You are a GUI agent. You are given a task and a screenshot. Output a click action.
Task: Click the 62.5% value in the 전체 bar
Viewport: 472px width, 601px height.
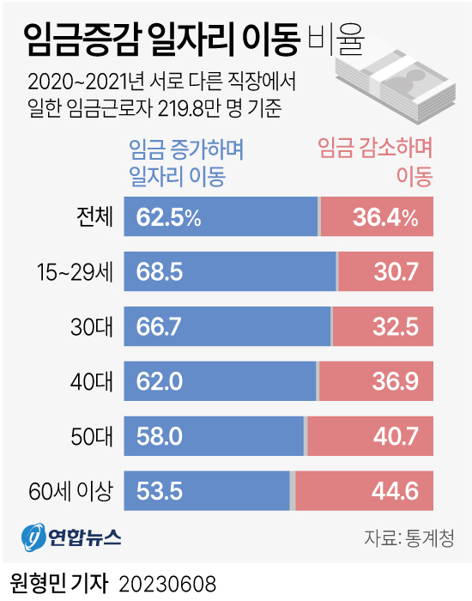pyautogui.click(x=168, y=218)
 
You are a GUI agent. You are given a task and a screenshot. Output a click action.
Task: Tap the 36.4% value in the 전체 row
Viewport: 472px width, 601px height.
pyautogui.click(x=385, y=218)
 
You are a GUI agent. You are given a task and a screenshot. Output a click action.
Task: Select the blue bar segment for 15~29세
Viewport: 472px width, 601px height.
pyautogui.click(x=230, y=272)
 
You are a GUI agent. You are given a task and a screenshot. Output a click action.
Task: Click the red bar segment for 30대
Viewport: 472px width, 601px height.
pyautogui.click(x=382, y=327)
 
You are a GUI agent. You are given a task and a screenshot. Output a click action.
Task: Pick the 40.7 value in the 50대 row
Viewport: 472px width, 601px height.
pyautogui.click(x=396, y=436)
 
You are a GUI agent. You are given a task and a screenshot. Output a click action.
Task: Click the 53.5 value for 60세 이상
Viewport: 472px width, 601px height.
pyautogui.click(x=160, y=491)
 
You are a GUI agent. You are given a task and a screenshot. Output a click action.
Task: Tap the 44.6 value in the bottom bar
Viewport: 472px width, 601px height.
pyautogui.click(x=396, y=491)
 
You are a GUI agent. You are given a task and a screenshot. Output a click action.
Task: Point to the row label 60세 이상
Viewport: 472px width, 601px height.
pyautogui.click(x=70, y=491)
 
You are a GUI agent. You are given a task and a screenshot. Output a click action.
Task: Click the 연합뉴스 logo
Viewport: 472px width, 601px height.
pyautogui.click(x=71, y=537)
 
